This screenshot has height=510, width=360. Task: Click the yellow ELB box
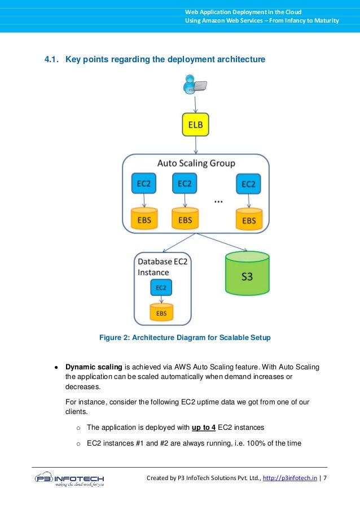tap(195, 124)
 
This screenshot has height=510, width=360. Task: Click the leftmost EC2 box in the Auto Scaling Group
tap(144, 184)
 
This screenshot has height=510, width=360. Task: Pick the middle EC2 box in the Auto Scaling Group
tap(185, 184)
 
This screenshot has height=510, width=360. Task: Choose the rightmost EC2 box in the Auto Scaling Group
tap(248, 184)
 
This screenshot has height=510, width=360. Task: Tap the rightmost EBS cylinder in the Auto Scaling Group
tap(248, 219)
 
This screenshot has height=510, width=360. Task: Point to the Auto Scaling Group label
tap(196, 163)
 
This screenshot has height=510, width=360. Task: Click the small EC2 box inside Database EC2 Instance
tap(161, 288)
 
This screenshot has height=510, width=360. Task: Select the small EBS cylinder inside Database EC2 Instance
tap(161, 312)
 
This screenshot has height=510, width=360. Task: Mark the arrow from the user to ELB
tap(195, 103)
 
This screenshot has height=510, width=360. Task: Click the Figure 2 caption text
tap(185, 338)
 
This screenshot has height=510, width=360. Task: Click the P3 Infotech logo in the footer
tap(69, 480)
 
